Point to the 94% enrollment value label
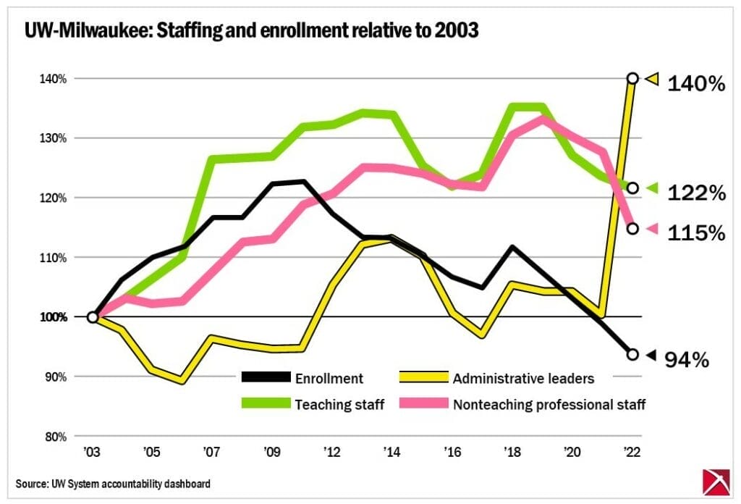coord(687,359)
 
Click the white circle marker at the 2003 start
coord(93,317)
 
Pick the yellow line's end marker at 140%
coord(632,78)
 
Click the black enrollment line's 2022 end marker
coord(632,354)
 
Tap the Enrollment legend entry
coord(329,377)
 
